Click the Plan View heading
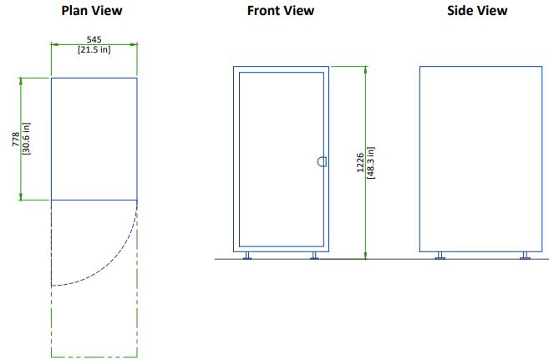tap(92, 11)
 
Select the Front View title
tap(281, 11)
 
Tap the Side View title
tap(477, 11)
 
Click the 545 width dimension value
tap(94, 39)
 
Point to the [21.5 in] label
tap(94, 49)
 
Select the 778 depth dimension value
tap(16, 139)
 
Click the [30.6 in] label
tap(26, 139)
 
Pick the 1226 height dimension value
tap(360, 163)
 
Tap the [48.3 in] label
tap(371, 163)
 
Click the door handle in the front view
tap(322, 162)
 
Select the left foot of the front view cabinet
tap(247, 256)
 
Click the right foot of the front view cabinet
tap(314, 256)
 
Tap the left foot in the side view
tap(440, 256)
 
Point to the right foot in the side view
tap(525, 256)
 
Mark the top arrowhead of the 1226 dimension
tap(365, 70)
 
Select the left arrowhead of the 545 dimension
tap(55, 44)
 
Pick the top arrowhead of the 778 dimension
tap(21, 82)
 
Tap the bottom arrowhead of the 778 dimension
tap(21, 196)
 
